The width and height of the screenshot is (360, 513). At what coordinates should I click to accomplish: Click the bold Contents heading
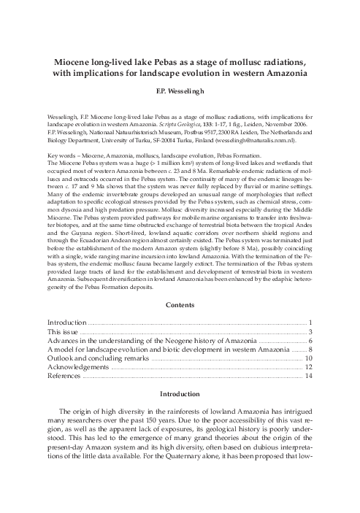(180, 304)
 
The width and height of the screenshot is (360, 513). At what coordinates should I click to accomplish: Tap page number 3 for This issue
(310, 331)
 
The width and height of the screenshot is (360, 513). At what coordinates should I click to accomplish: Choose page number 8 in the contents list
(310, 350)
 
